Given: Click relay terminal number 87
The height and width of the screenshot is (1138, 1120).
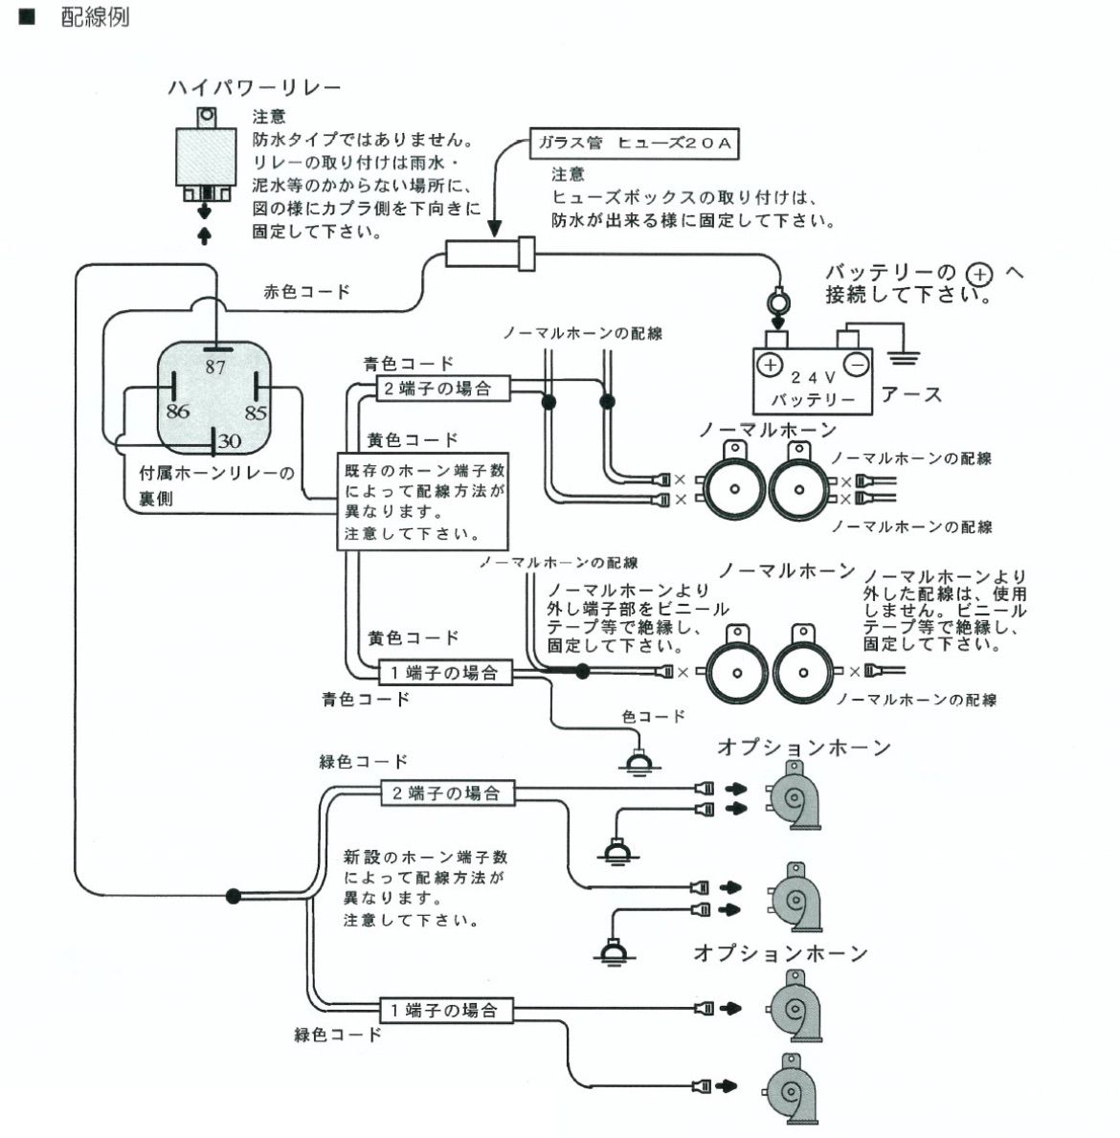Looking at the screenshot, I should (x=214, y=366).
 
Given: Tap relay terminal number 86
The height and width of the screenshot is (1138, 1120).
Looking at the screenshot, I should (x=177, y=412).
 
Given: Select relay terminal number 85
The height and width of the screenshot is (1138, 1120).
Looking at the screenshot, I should (x=255, y=413).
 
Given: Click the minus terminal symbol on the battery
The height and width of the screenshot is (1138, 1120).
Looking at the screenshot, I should (x=857, y=365).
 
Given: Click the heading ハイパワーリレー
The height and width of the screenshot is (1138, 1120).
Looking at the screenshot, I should (x=254, y=88).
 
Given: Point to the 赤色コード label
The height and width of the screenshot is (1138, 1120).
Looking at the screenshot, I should (x=306, y=292).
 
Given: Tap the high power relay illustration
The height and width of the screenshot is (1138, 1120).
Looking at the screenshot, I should (x=204, y=158).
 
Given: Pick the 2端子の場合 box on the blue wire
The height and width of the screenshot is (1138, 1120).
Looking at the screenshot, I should (x=436, y=389).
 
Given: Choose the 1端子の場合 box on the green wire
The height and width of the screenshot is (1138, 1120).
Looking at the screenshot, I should (x=443, y=1010).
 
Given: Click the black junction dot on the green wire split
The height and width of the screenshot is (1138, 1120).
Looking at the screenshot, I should (x=233, y=897).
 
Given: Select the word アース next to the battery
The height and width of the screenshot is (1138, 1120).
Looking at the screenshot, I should (x=911, y=394).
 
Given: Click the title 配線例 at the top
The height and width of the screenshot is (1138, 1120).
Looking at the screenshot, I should (x=95, y=17).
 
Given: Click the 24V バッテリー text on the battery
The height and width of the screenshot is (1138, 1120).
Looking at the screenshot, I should (x=814, y=389).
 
